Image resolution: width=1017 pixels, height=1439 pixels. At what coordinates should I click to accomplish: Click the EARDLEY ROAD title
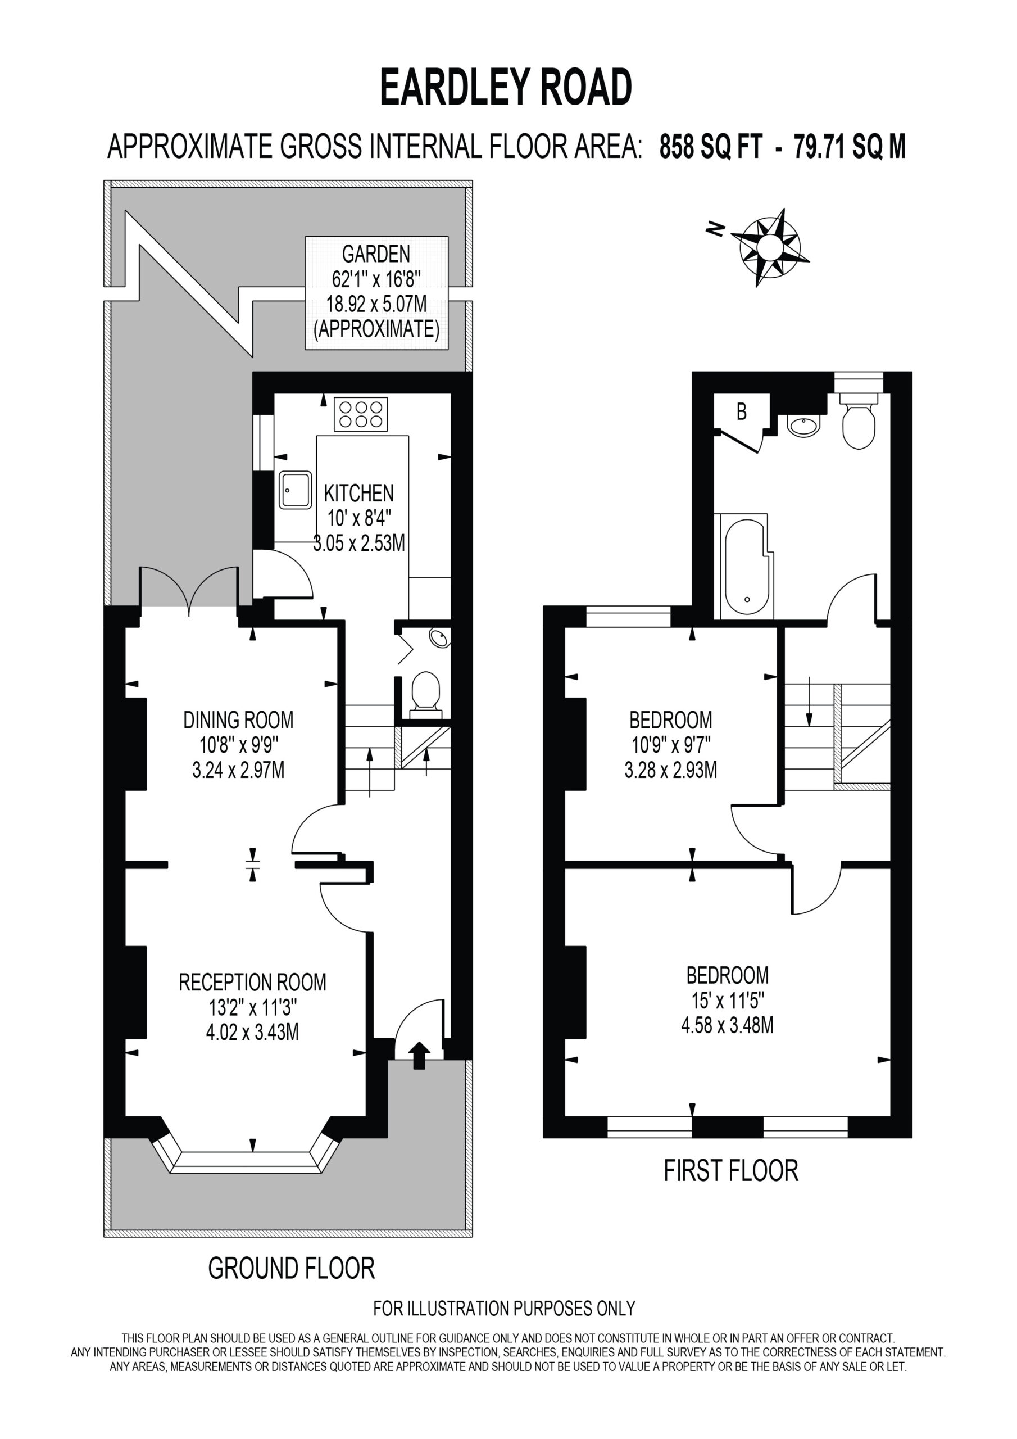tap(506, 88)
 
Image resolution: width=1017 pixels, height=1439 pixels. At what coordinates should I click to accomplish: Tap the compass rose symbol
tap(770, 247)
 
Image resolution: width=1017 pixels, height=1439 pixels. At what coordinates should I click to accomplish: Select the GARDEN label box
tap(376, 293)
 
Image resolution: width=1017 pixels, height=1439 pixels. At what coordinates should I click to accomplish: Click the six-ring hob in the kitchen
tap(360, 414)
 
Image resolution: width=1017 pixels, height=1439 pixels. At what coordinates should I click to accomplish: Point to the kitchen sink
tap(296, 490)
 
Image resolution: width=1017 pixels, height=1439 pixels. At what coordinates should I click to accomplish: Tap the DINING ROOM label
tap(238, 720)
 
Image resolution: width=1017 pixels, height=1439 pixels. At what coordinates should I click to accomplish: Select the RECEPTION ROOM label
tap(252, 982)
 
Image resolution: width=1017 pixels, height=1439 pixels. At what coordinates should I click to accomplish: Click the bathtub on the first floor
tap(747, 567)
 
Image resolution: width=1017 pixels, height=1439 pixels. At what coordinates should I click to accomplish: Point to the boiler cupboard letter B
tap(742, 412)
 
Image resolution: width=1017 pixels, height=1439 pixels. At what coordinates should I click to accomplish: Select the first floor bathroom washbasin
tap(803, 426)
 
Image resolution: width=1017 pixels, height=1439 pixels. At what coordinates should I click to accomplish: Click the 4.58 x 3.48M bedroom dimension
tap(727, 1026)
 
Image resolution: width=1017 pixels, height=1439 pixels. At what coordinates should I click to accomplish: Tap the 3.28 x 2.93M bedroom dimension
tap(670, 770)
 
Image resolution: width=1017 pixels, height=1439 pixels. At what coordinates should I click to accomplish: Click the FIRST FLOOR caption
tap(731, 1171)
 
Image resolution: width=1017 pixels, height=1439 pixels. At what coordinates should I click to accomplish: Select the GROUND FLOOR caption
tap(292, 1268)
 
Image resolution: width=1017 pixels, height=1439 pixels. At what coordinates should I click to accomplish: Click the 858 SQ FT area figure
tap(711, 147)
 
